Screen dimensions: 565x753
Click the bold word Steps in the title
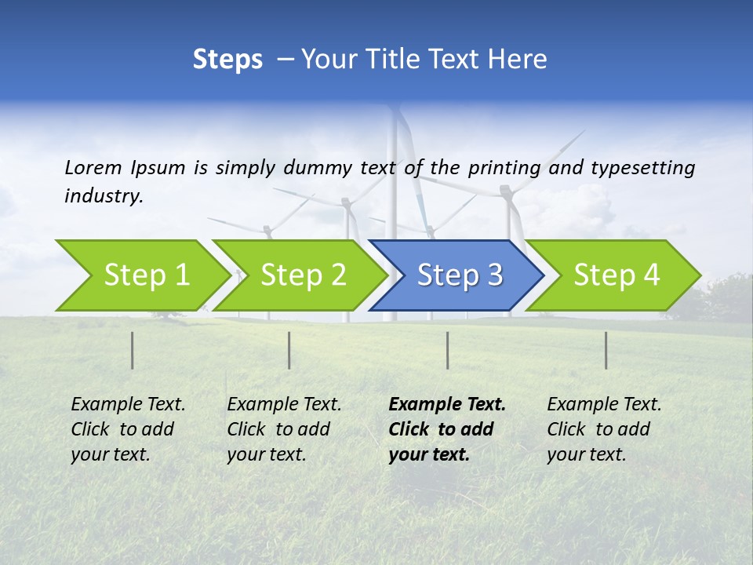tap(227, 60)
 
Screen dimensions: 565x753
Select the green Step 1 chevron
tap(141, 275)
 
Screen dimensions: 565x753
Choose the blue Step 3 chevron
tap(457, 275)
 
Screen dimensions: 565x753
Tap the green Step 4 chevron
tap(613, 275)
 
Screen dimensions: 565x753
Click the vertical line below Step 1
tap(133, 350)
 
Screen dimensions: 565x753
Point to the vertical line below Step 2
tap(289, 350)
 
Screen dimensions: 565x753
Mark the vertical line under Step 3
tap(448, 350)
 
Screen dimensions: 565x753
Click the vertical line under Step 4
tap(606, 350)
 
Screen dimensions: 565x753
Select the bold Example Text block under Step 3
tap(446, 429)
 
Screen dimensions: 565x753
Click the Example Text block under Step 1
tap(127, 429)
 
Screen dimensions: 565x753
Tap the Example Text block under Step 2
tap(283, 429)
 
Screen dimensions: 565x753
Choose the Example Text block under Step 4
tap(603, 429)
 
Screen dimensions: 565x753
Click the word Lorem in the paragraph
tap(93, 168)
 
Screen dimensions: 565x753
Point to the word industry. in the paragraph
tap(104, 196)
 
